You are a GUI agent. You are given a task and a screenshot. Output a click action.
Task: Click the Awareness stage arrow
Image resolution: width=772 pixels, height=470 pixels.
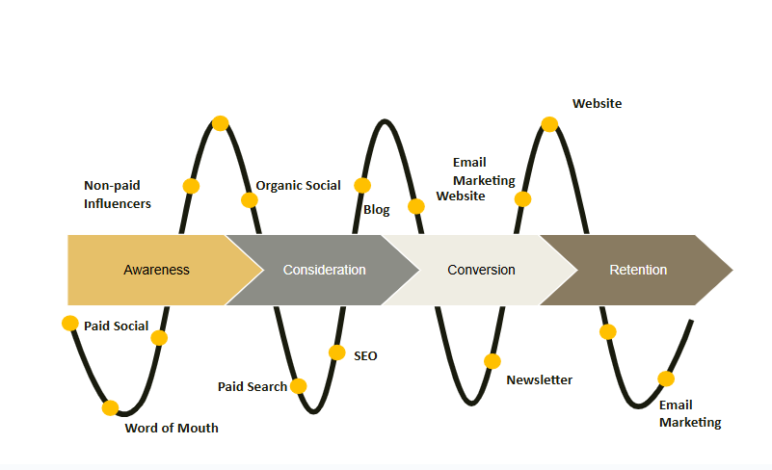pyautogui.click(x=156, y=270)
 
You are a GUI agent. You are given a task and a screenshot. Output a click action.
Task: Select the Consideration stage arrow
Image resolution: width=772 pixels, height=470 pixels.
pyautogui.click(x=324, y=270)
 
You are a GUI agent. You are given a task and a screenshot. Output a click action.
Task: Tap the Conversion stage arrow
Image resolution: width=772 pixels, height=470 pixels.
pyautogui.click(x=481, y=270)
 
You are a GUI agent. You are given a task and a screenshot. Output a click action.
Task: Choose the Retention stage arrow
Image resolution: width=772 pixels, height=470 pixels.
pyautogui.click(x=638, y=270)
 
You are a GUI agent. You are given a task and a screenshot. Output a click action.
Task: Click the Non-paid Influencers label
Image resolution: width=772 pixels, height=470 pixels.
pyautogui.click(x=118, y=194)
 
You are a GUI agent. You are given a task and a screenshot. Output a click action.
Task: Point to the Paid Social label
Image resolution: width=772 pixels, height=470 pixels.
pyautogui.click(x=117, y=326)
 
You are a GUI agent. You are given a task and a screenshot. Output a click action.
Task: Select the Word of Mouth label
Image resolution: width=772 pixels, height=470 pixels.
pyautogui.click(x=172, y=428)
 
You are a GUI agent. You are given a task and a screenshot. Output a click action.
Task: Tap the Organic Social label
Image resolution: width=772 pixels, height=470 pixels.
pyautogui.click(x=298, y=185)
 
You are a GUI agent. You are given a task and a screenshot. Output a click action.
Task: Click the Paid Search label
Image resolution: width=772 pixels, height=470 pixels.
pyautogui.click(x=253, y=386)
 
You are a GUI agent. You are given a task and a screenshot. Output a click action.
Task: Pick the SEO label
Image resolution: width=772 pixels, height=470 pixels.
pyautogui.click(x=365, y=355)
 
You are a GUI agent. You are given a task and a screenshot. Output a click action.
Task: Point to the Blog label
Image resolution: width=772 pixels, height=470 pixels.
pyautogui.click(x=377, y=210)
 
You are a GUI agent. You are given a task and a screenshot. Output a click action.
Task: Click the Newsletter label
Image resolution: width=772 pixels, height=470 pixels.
pyautogui.click(x=539, y=379)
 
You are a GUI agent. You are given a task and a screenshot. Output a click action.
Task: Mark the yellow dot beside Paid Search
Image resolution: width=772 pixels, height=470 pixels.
pyautogui.click(x=299, y=386)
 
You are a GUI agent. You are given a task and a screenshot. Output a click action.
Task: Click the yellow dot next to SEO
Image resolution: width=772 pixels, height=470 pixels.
pyautogui.click(x=336, y=352)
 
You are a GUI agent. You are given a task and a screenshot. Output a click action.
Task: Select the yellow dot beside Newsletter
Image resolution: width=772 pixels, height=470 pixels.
pyautogui.click(x=492, y=361)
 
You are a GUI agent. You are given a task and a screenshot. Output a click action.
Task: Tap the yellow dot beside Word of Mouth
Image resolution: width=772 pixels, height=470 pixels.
pyautogui.click(x=111, y=407)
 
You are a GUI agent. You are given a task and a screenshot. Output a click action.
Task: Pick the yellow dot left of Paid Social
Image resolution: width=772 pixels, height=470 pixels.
pyautogui.click(x=70, y=323)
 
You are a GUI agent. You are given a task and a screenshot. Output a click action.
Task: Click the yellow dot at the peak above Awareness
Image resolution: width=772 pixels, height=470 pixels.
pyautogui.click(x=220, y=122)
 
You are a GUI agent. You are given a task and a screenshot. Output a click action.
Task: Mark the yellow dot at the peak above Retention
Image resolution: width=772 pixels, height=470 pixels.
pyautogui.click(x=549, y=123)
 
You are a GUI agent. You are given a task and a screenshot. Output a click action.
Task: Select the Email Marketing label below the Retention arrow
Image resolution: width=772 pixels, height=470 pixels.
pyautogui.click(x=690, y=413)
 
